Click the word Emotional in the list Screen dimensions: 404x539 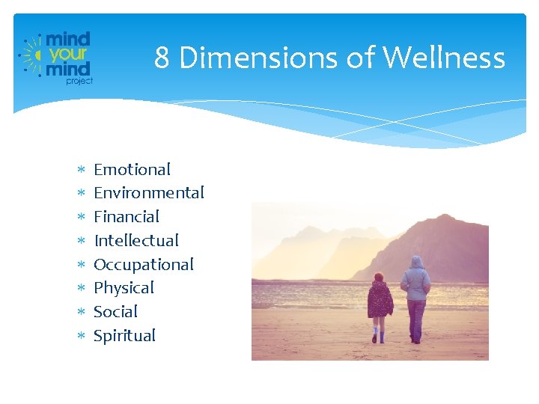tap(132, 170)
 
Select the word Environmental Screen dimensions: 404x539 tap(148, 193)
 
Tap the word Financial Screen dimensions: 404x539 tap(127, 217)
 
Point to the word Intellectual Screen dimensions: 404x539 tap(136, 241)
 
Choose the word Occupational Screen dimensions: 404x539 tap(143, 265)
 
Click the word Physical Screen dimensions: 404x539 tap(124, 288)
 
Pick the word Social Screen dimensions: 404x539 tap(115, 312)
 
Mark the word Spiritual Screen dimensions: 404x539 tap(124, 336)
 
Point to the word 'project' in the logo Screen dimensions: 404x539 tap(79, 81)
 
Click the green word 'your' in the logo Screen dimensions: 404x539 tap(69, 55)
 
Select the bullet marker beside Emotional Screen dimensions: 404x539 tap(80, 171)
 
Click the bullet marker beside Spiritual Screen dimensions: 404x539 tap(80, 337)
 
